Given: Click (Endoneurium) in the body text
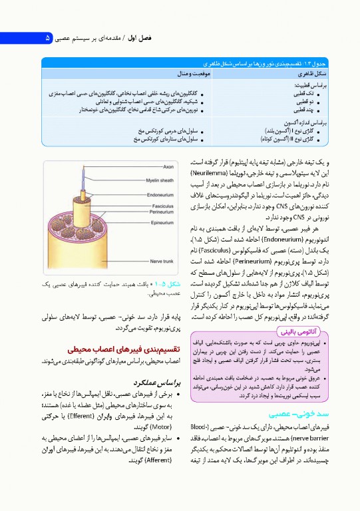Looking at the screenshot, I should point(252,238).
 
